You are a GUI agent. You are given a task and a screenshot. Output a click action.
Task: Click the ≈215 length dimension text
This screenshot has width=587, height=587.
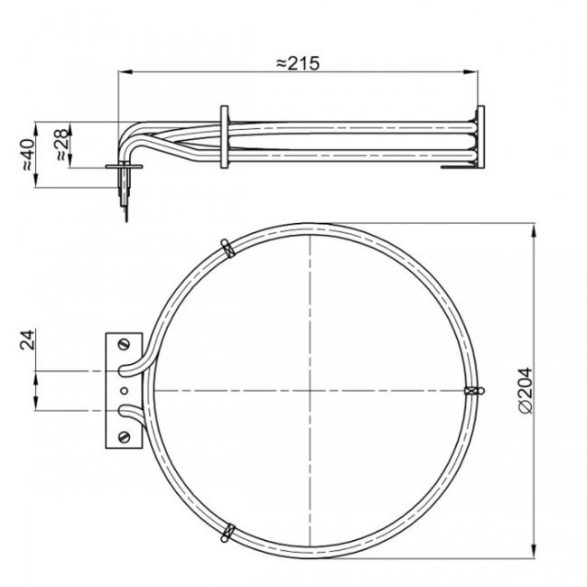(298, 62)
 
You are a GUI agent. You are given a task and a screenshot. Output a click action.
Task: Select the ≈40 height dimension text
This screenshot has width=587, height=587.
(27, 154)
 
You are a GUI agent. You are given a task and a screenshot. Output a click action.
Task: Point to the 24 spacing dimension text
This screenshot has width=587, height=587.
(28, 340)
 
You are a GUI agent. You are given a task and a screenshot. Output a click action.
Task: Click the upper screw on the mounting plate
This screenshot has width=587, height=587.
(124, 343)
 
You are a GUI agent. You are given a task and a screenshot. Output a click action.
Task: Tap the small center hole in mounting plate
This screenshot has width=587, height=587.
(124, 390)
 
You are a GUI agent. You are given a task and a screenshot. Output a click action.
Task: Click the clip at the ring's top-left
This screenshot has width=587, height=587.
(227, 246)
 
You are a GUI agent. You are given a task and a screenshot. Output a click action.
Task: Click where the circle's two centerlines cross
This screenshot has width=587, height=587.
(310, 390)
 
